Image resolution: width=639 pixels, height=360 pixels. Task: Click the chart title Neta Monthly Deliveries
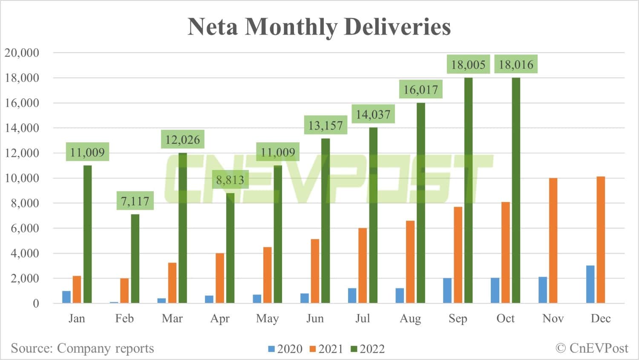[319, 27]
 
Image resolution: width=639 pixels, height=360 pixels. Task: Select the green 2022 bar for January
[87, 234]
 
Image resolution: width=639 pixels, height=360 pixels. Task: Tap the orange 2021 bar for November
[553, 241]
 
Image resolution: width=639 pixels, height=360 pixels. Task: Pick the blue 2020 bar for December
[590, 284]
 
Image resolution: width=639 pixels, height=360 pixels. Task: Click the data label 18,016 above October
[516, 65]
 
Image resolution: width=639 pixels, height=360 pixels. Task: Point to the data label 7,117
[135, 201]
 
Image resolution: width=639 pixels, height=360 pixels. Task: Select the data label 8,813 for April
[230, 180]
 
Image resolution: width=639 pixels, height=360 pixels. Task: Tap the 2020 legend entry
[285, 349]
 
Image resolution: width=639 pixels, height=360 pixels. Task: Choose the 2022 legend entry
[368, 349]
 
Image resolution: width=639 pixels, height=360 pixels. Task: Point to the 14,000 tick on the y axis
[22, 128]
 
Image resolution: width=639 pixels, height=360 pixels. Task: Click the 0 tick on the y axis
[36, 303]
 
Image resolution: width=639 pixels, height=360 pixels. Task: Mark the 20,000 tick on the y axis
[22, 53]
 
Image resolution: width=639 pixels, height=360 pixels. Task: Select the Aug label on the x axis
[410, 319]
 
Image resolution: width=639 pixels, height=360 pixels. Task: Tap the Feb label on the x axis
[124, 319]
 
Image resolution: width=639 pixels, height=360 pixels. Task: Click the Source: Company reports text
[82, 348]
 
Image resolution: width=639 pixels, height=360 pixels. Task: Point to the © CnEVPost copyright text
[592, 348]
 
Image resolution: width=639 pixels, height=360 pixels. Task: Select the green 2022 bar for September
[468, 192]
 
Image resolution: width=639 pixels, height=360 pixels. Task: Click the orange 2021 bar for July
[363, 266]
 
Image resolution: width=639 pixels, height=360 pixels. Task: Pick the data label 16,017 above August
[420, 90]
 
